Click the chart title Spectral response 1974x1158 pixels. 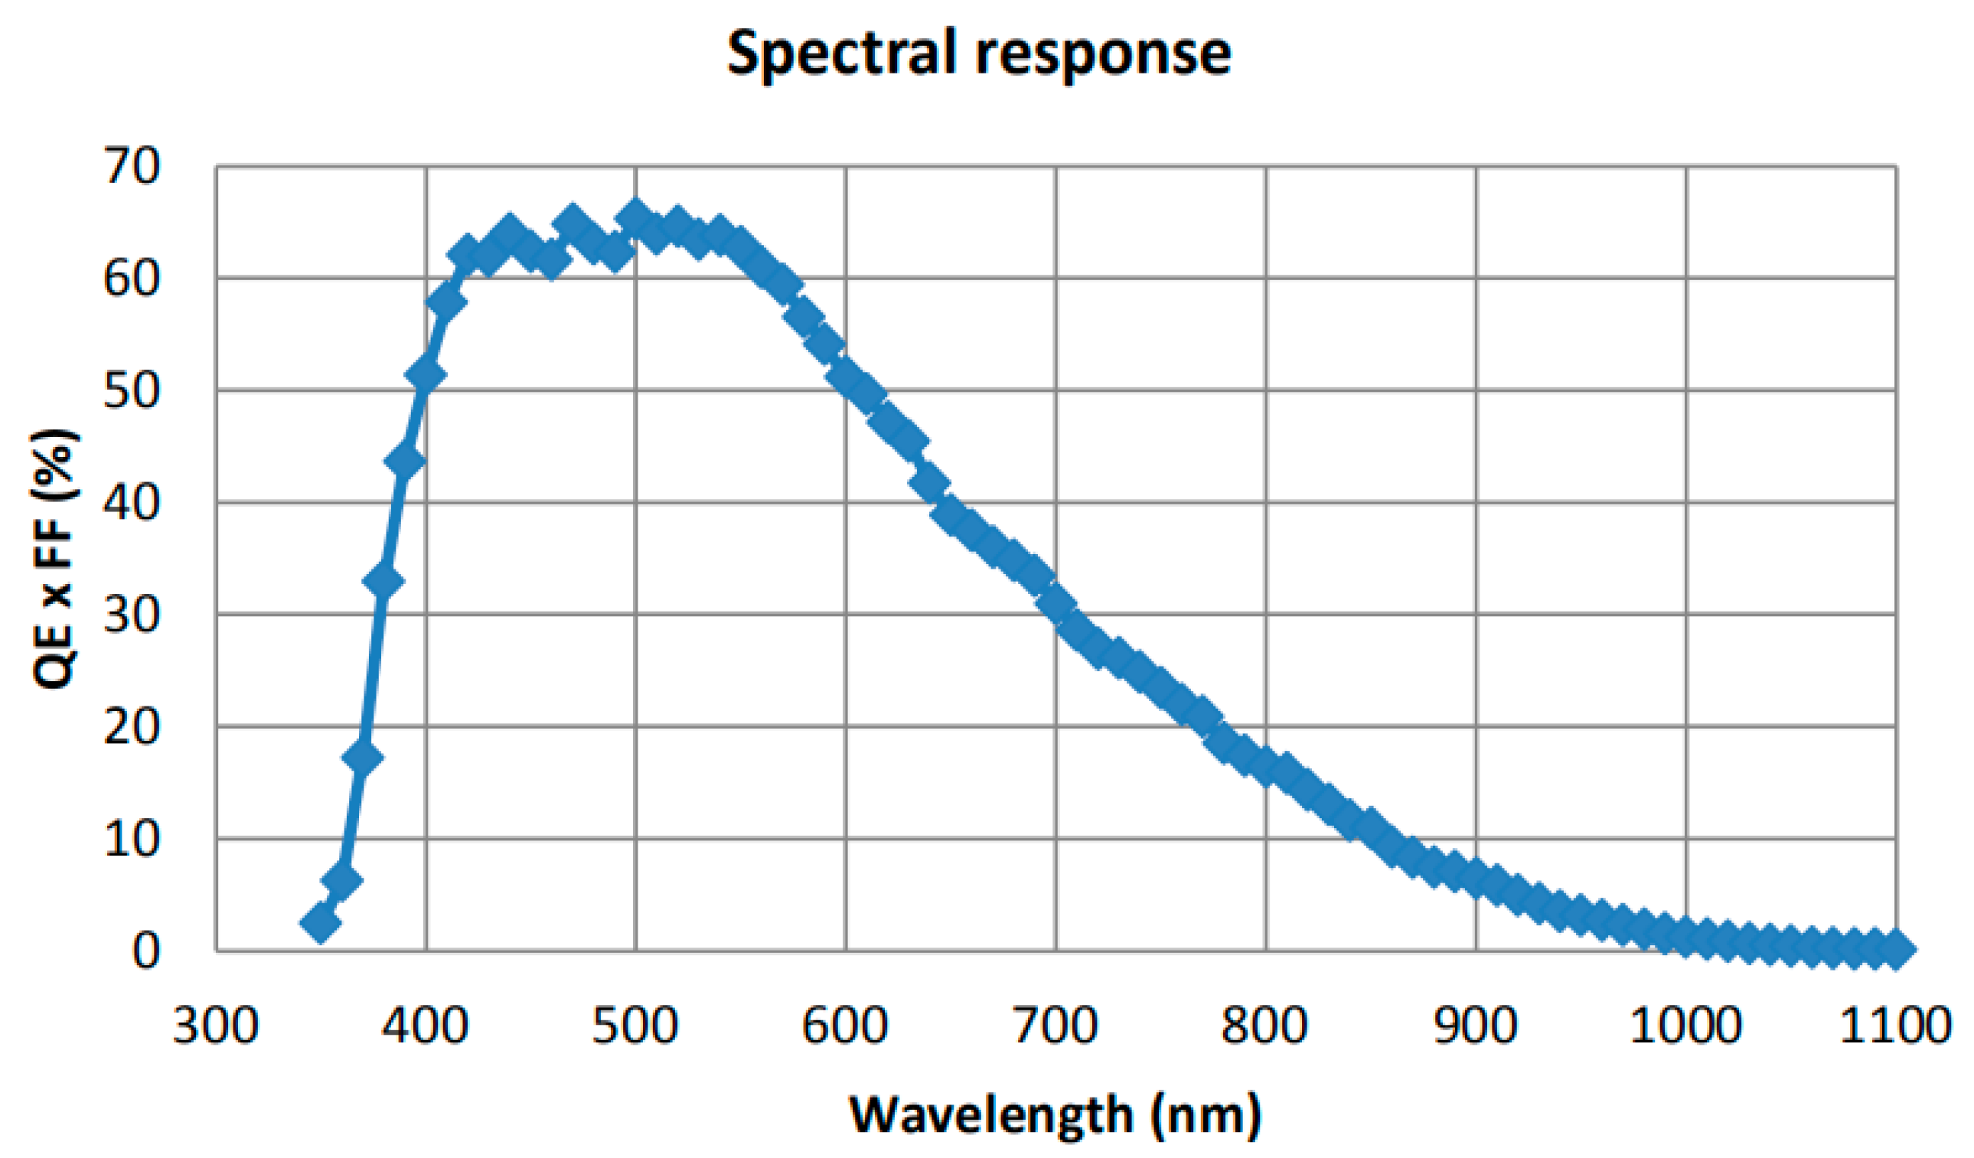click(978, 54)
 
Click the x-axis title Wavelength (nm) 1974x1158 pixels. click(1056, 1114)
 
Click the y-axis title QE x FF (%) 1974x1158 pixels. click(55, 559)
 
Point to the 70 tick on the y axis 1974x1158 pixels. click(131, 166)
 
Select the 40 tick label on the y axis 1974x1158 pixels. click(131, 502)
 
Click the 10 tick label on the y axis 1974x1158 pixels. click(131, 839)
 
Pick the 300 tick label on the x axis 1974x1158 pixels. click(215, 1025)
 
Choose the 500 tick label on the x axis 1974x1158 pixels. click(635, 1025)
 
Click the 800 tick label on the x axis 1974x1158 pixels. click(1264, 1025)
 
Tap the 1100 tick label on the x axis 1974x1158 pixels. click(1894, 1025)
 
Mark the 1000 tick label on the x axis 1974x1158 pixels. click(1685, 1025)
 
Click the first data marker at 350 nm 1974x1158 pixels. click(321, 923)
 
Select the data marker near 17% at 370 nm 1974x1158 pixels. click(363, 758)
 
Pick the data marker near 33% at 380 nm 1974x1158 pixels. click(383, 581)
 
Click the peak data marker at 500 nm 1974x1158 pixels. click(635, 217)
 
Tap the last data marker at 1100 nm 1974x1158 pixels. click(1895, 950)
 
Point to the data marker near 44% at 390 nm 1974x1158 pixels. click(405, 460)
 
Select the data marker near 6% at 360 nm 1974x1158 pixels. click(341, 881)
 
